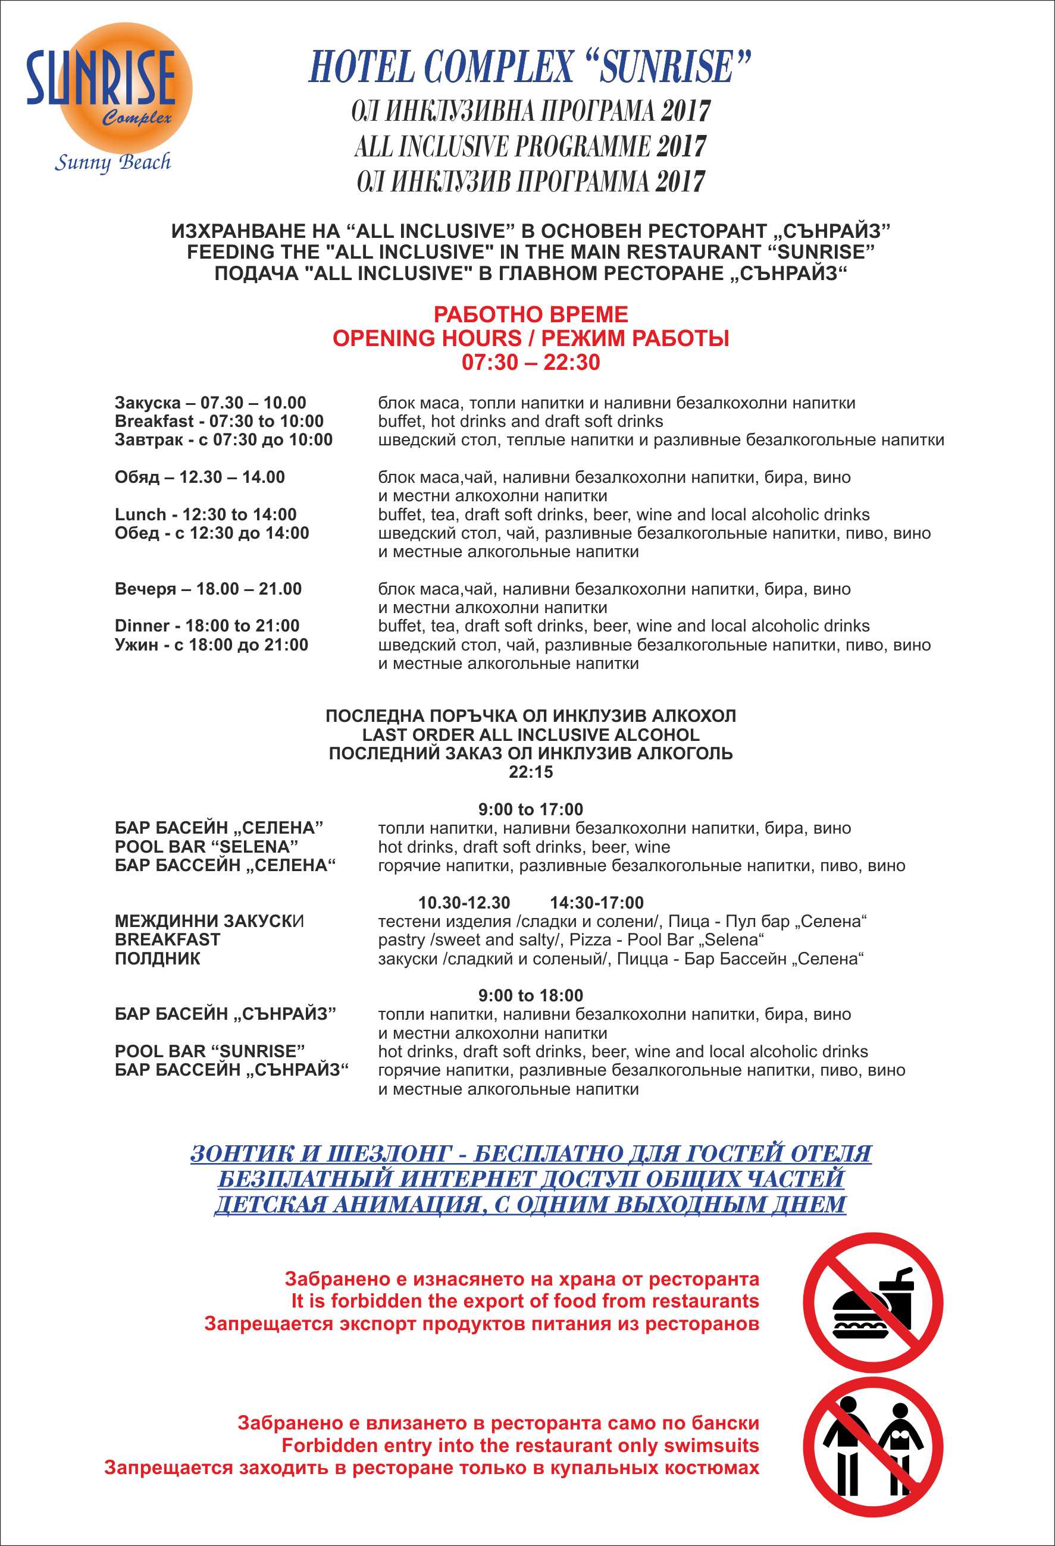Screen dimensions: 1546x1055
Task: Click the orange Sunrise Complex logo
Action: click(123, 86)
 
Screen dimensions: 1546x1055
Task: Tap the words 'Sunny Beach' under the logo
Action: click(112, 162)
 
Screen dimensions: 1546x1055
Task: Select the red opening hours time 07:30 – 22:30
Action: click(531, 363)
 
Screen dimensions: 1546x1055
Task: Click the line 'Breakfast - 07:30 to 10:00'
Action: click(219, 421)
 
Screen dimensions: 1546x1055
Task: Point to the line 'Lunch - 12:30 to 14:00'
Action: click(206, 514)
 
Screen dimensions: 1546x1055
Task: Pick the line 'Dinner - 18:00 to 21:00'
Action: click(207, 626)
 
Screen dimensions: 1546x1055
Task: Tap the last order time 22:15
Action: click(531, 772)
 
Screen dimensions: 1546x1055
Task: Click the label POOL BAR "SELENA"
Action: click(206, 847)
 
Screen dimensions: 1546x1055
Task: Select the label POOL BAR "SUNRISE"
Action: click(209, 1051)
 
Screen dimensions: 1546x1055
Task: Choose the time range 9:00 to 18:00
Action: click(531, 995)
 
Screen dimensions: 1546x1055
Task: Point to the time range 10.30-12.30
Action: click(464, 903)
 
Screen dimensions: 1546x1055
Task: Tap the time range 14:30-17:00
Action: click(596, 903)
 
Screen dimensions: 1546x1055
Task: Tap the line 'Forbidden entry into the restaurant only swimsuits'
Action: click(520, 1446)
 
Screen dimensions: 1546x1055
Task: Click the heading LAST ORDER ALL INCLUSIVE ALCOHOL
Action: click(531, 735)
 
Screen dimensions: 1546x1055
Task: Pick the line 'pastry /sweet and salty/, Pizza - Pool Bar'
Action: click(571, 940)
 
